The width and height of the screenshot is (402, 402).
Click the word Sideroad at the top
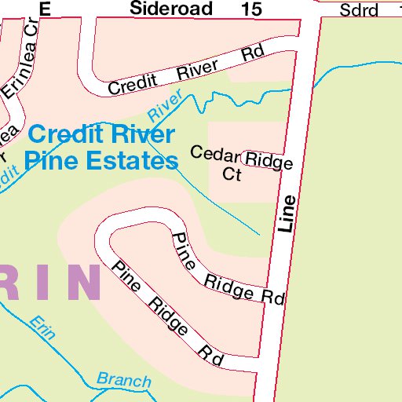point(170,9)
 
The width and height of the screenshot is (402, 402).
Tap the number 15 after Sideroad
point(252,9)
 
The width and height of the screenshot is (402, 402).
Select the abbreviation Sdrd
point(360,10)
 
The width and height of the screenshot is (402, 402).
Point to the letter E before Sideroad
point(44,9)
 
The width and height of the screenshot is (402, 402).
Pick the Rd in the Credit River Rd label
point(251,54)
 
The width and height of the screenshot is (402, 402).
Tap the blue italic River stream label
point(165,105)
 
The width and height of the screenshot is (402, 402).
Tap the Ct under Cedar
point(232,174)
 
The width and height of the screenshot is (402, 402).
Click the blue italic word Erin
point(42,327)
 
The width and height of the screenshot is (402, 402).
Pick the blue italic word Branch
point(124,381)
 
